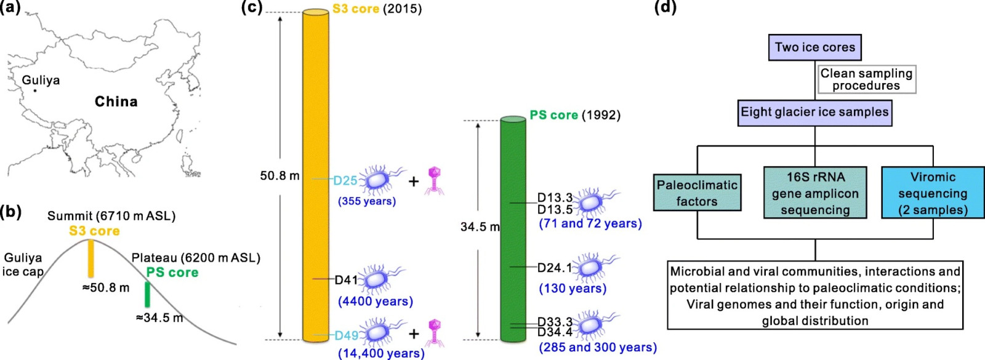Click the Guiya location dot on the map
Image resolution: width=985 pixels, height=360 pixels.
[x=35, y=91]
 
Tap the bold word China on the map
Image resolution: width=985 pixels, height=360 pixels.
[x=116, y=102]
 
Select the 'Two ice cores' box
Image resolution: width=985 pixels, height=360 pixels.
[x=815, y=47]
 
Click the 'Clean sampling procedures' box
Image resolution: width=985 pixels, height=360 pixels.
[x=866, y=79]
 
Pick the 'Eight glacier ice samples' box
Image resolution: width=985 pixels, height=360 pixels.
[x=815, y=113]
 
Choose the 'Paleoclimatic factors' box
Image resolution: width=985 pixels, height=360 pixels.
[x=697, y=193]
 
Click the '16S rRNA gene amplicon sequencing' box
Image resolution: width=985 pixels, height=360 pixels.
[x=815, y=193]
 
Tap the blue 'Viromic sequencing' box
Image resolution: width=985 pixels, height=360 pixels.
[x=933, y=193]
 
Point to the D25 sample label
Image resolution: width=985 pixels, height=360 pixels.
[x=345, y=180]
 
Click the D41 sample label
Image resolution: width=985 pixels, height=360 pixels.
[x=345, y=279]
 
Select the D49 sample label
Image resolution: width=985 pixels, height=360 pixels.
[x=347, y=335]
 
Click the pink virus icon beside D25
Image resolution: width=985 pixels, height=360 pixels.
[x=435, y=180]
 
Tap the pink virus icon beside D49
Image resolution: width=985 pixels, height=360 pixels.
[x=435, y=333]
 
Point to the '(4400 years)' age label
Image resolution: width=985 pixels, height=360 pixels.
[x=376, y=302]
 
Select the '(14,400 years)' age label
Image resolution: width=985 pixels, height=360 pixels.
[x=381, y=353]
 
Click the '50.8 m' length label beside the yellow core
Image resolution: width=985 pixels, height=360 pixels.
[x=279, y=176]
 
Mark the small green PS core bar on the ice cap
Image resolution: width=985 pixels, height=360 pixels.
[x=147, y=295]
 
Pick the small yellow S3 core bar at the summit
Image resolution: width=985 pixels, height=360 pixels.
[x=90, y=258]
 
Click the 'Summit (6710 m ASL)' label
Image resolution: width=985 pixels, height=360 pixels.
[x=111, y=216]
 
